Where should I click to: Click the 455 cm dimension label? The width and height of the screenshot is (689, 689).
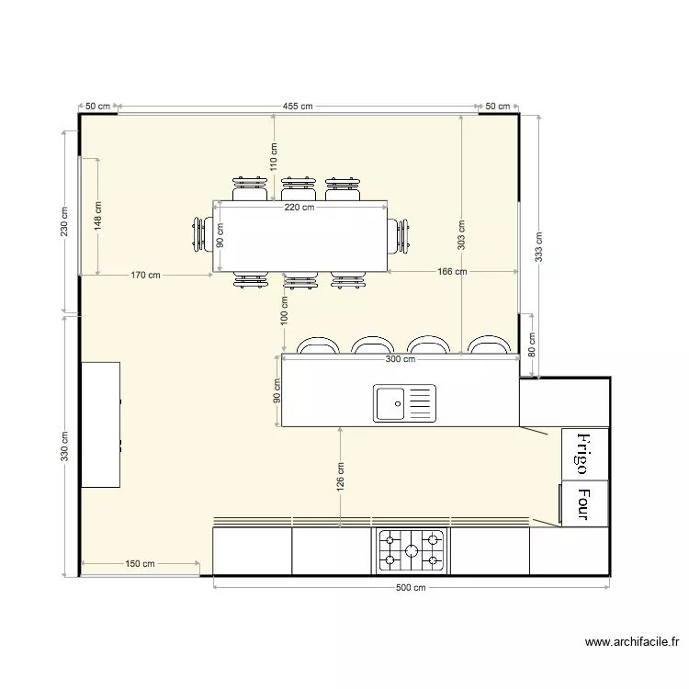[297, 107]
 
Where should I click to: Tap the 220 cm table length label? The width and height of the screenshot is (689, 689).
[299, 208]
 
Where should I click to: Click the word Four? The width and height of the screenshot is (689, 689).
[583, 503]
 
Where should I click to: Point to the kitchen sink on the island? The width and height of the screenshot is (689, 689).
[404, 403]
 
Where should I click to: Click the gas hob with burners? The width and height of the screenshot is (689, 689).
[411, 550]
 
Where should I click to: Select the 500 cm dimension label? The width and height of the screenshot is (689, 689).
[412, 588]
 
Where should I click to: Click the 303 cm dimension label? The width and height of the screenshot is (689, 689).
[461, 235]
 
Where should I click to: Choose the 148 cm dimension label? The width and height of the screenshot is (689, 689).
[97, 216]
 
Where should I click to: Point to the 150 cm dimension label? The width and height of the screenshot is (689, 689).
[141, 564]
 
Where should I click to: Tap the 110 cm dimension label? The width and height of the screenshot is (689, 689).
[274, 158]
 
